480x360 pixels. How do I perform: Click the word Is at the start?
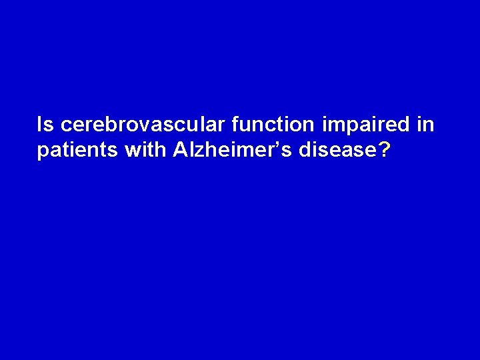click(45, 124)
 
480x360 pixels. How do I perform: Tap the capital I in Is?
click(41, 124)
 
